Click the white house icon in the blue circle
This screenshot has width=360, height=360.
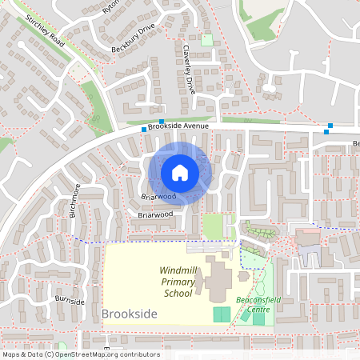pos(179,173)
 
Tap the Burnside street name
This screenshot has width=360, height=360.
pos(70,302)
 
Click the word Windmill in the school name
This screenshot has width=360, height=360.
pos(178,270)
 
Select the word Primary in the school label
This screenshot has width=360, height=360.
pos(178,282)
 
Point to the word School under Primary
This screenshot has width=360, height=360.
pos(178,293)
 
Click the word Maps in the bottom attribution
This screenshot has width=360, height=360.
pos(12,354)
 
